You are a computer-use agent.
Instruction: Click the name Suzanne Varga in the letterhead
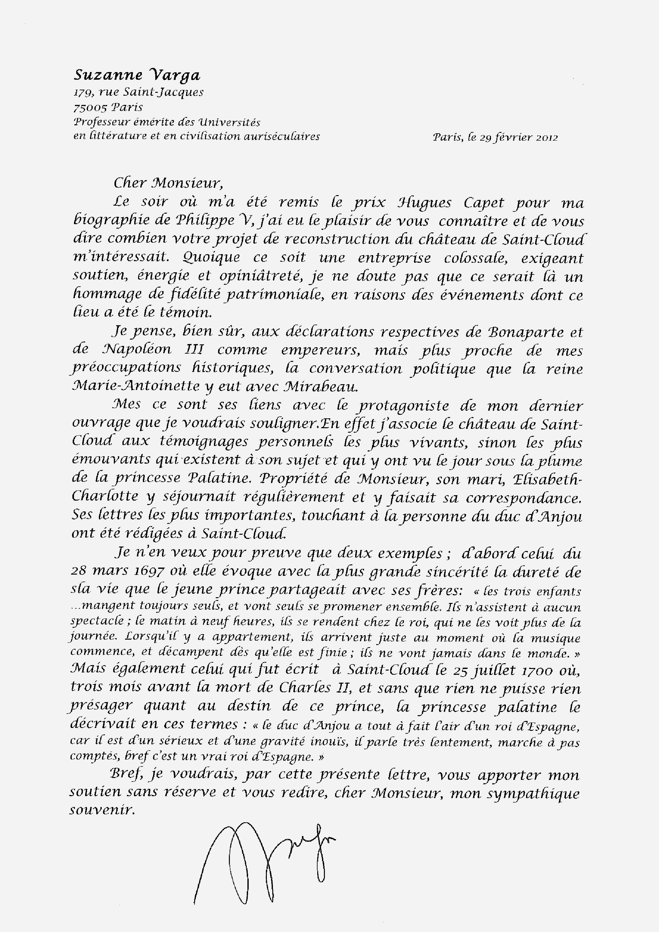pos(137,75)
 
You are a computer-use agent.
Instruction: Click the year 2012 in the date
pos(547,138)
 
